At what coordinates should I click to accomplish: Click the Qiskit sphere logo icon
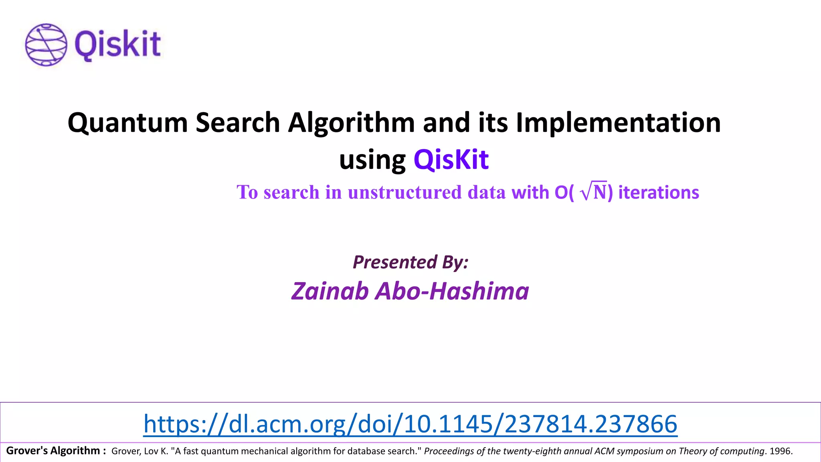pyautogui.click(x=46, y=44)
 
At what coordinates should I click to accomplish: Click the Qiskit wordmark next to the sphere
pyautogui.click(x=117, y=44)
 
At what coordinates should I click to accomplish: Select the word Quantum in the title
pyautogui.click(x=128, y=122)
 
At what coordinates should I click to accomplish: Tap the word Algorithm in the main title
pyautogui.click(x=351, y=122)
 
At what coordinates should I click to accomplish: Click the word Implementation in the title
pyautogui.click(x=618, y=122)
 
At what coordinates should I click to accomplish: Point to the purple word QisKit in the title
pyautogui.click(x=451, y=160)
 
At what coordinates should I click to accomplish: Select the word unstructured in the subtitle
pyautogui.click(x=404, y=192)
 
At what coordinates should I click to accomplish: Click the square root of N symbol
pyautogui.click(x=594, y=192)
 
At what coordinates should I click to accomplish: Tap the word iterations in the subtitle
pyautogui.click(x=659, y=192)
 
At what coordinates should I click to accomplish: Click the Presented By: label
pyautogui.click(x=410, y=262)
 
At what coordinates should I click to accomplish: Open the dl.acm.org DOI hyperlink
pyautogui.click(x=410, y=423)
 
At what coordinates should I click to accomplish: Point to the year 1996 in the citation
pyautogui.click(x=780, y=451)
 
